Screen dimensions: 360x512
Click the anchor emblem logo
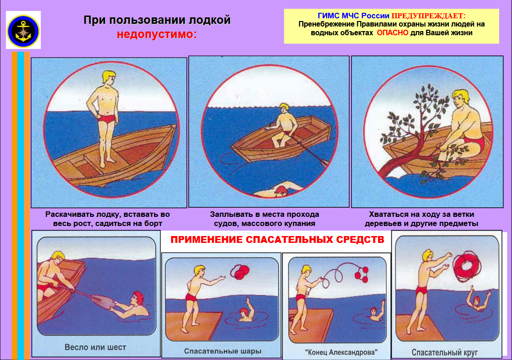(x=23, y=30)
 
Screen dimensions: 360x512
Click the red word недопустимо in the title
(x=156, y=34)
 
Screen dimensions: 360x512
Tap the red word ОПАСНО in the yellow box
(x=394, y=33)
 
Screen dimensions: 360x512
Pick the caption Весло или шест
(x=96, y=347)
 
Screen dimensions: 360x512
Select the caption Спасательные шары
(x=223, y=351)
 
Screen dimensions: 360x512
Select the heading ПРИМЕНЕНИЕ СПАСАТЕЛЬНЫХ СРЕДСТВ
(x=277, y=240)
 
